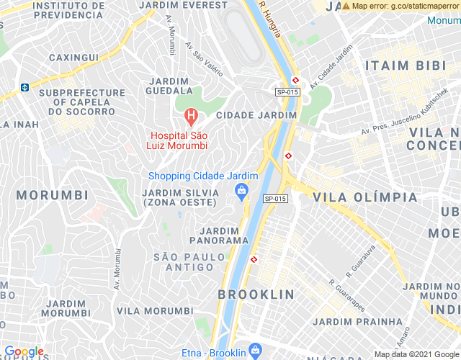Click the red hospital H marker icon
191,115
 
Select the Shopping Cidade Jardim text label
203,176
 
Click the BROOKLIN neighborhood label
256,294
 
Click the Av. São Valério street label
204,60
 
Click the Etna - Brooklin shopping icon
254,351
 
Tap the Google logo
23,351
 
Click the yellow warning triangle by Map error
346,6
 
